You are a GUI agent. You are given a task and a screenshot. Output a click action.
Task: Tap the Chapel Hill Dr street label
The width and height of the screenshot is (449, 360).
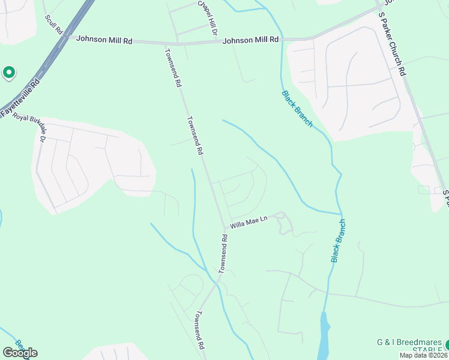coord(208,16)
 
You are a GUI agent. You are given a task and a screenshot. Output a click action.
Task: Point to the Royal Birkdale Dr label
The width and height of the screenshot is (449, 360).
coord(29,127)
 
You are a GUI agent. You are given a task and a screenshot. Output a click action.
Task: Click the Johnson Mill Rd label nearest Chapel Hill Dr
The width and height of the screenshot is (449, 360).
coord(251,40)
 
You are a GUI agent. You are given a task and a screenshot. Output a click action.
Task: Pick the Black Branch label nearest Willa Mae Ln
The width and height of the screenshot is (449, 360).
coord(339,241)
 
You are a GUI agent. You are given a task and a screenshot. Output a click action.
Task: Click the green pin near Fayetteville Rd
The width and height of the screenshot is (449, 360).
coord(9,73)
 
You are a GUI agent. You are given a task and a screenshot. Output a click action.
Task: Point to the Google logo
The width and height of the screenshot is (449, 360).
coord(20,353)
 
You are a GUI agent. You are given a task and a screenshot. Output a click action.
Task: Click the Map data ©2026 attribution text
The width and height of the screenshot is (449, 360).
coord(424,355)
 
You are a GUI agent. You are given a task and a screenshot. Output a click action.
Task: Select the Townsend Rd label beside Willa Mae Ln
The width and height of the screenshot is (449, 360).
coord(223,253)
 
